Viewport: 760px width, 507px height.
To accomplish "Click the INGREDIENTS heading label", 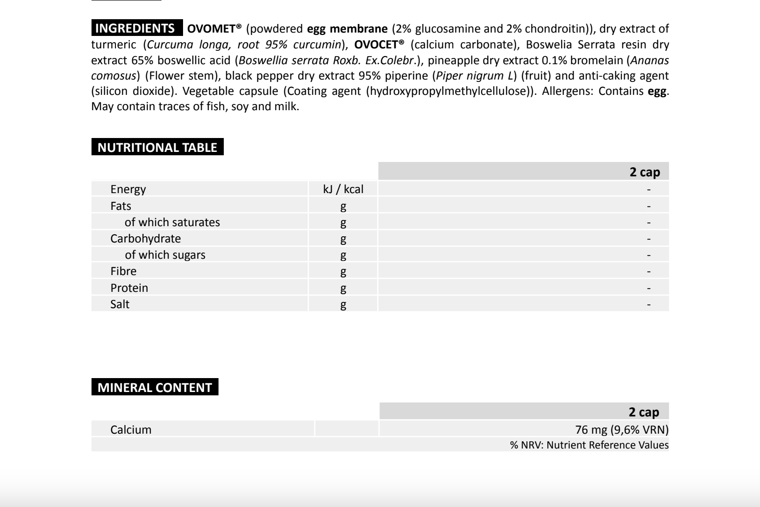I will (135, 28).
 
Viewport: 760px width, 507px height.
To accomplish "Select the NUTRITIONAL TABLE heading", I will (157, 147).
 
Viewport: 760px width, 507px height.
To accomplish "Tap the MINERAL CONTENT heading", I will (154, 387).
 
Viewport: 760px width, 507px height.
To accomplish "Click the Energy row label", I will (128, 189).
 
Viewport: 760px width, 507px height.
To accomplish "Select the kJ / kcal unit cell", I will (343, 189).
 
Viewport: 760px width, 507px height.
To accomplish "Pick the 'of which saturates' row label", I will (172, 222).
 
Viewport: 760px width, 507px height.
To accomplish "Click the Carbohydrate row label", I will (145, 239).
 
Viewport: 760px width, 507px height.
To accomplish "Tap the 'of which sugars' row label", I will (165, 255).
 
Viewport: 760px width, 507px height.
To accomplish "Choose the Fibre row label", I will (123, 271).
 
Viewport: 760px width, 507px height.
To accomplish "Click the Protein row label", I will (129, 288).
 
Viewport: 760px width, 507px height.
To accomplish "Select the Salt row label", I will (120, 304).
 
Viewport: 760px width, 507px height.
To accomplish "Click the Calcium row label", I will (131, 430).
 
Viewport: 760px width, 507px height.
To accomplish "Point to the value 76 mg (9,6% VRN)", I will (622, 430).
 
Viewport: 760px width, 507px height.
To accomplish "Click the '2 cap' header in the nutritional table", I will (645, 172).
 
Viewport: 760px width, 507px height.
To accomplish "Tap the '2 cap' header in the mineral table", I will (644, 412).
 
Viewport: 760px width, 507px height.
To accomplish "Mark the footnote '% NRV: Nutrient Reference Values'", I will (589, 445).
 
